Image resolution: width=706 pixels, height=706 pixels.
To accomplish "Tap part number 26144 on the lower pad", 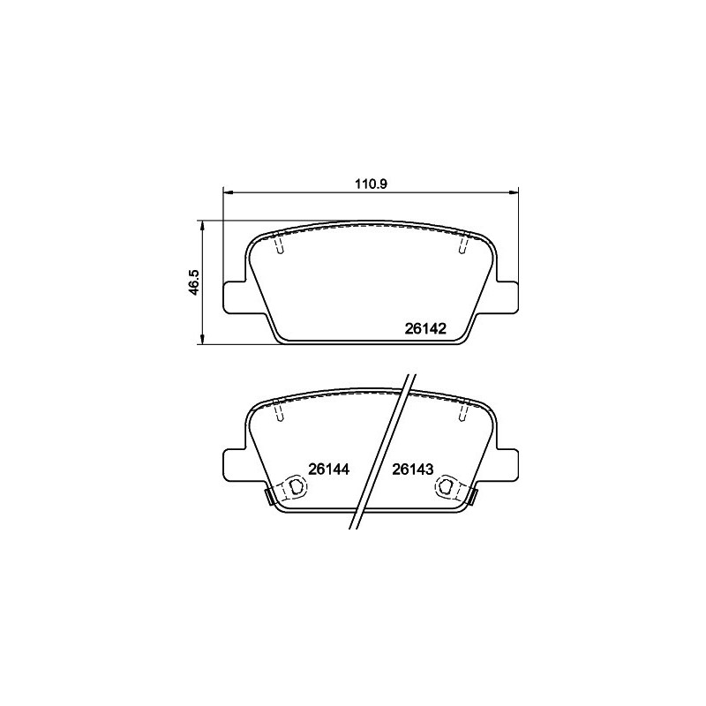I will pos(330,469).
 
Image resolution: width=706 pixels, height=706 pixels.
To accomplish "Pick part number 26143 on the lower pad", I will pos(412,469).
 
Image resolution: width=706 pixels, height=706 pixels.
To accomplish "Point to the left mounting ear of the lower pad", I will pos(233,463).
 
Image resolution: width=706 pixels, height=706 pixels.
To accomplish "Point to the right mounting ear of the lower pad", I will pos(506,463).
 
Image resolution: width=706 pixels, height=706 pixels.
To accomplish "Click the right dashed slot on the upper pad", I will pos(462,247).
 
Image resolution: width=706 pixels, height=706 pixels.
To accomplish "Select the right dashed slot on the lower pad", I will pos(462,413).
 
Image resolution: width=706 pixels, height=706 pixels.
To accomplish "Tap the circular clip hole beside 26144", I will pos(291,488).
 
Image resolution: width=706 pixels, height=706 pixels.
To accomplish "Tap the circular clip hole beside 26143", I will pos(447,488).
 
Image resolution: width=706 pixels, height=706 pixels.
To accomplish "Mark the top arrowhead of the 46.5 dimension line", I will pos(205,225).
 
